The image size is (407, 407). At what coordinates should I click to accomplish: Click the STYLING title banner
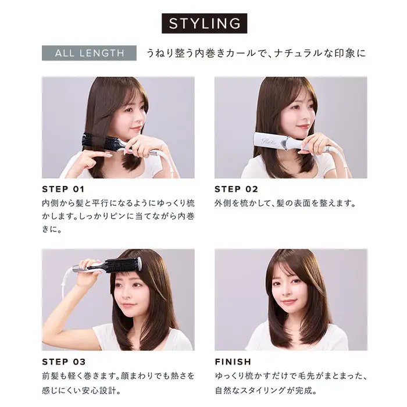204,23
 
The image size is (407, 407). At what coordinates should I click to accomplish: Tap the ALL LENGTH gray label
89,53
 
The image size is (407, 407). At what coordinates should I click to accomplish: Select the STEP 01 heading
63,189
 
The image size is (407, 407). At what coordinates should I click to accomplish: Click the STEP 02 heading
236,189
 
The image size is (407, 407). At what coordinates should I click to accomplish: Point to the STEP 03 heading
63,362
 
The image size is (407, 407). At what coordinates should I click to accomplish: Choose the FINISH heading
233,362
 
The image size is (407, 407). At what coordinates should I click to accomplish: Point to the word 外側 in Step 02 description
223,203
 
